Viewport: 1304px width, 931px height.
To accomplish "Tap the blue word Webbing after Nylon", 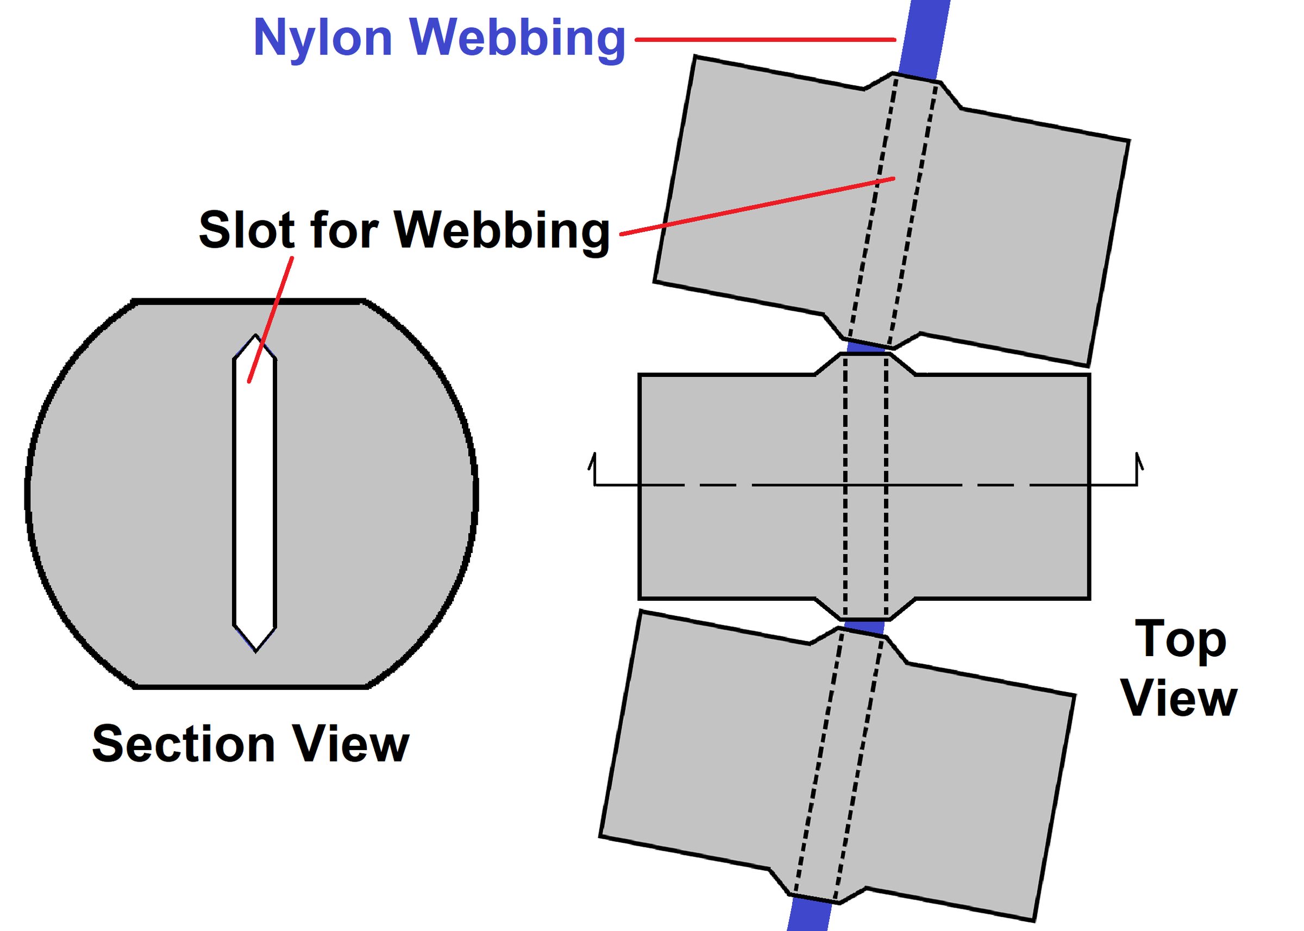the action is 517,39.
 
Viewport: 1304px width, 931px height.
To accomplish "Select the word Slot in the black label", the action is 247,229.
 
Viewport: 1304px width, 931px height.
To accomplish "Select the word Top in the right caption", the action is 1181,641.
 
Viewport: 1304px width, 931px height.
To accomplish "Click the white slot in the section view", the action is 255,493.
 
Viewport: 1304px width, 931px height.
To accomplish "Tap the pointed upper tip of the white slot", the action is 255,335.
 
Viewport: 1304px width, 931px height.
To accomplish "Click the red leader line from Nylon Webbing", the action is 766,40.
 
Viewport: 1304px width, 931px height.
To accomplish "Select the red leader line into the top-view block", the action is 757,206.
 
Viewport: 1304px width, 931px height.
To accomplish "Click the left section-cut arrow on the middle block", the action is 593,469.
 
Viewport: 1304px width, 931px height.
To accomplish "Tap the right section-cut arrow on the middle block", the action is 1138,469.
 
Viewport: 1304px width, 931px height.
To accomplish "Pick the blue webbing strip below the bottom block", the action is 810,913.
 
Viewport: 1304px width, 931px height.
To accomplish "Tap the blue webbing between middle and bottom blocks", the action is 863,626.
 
